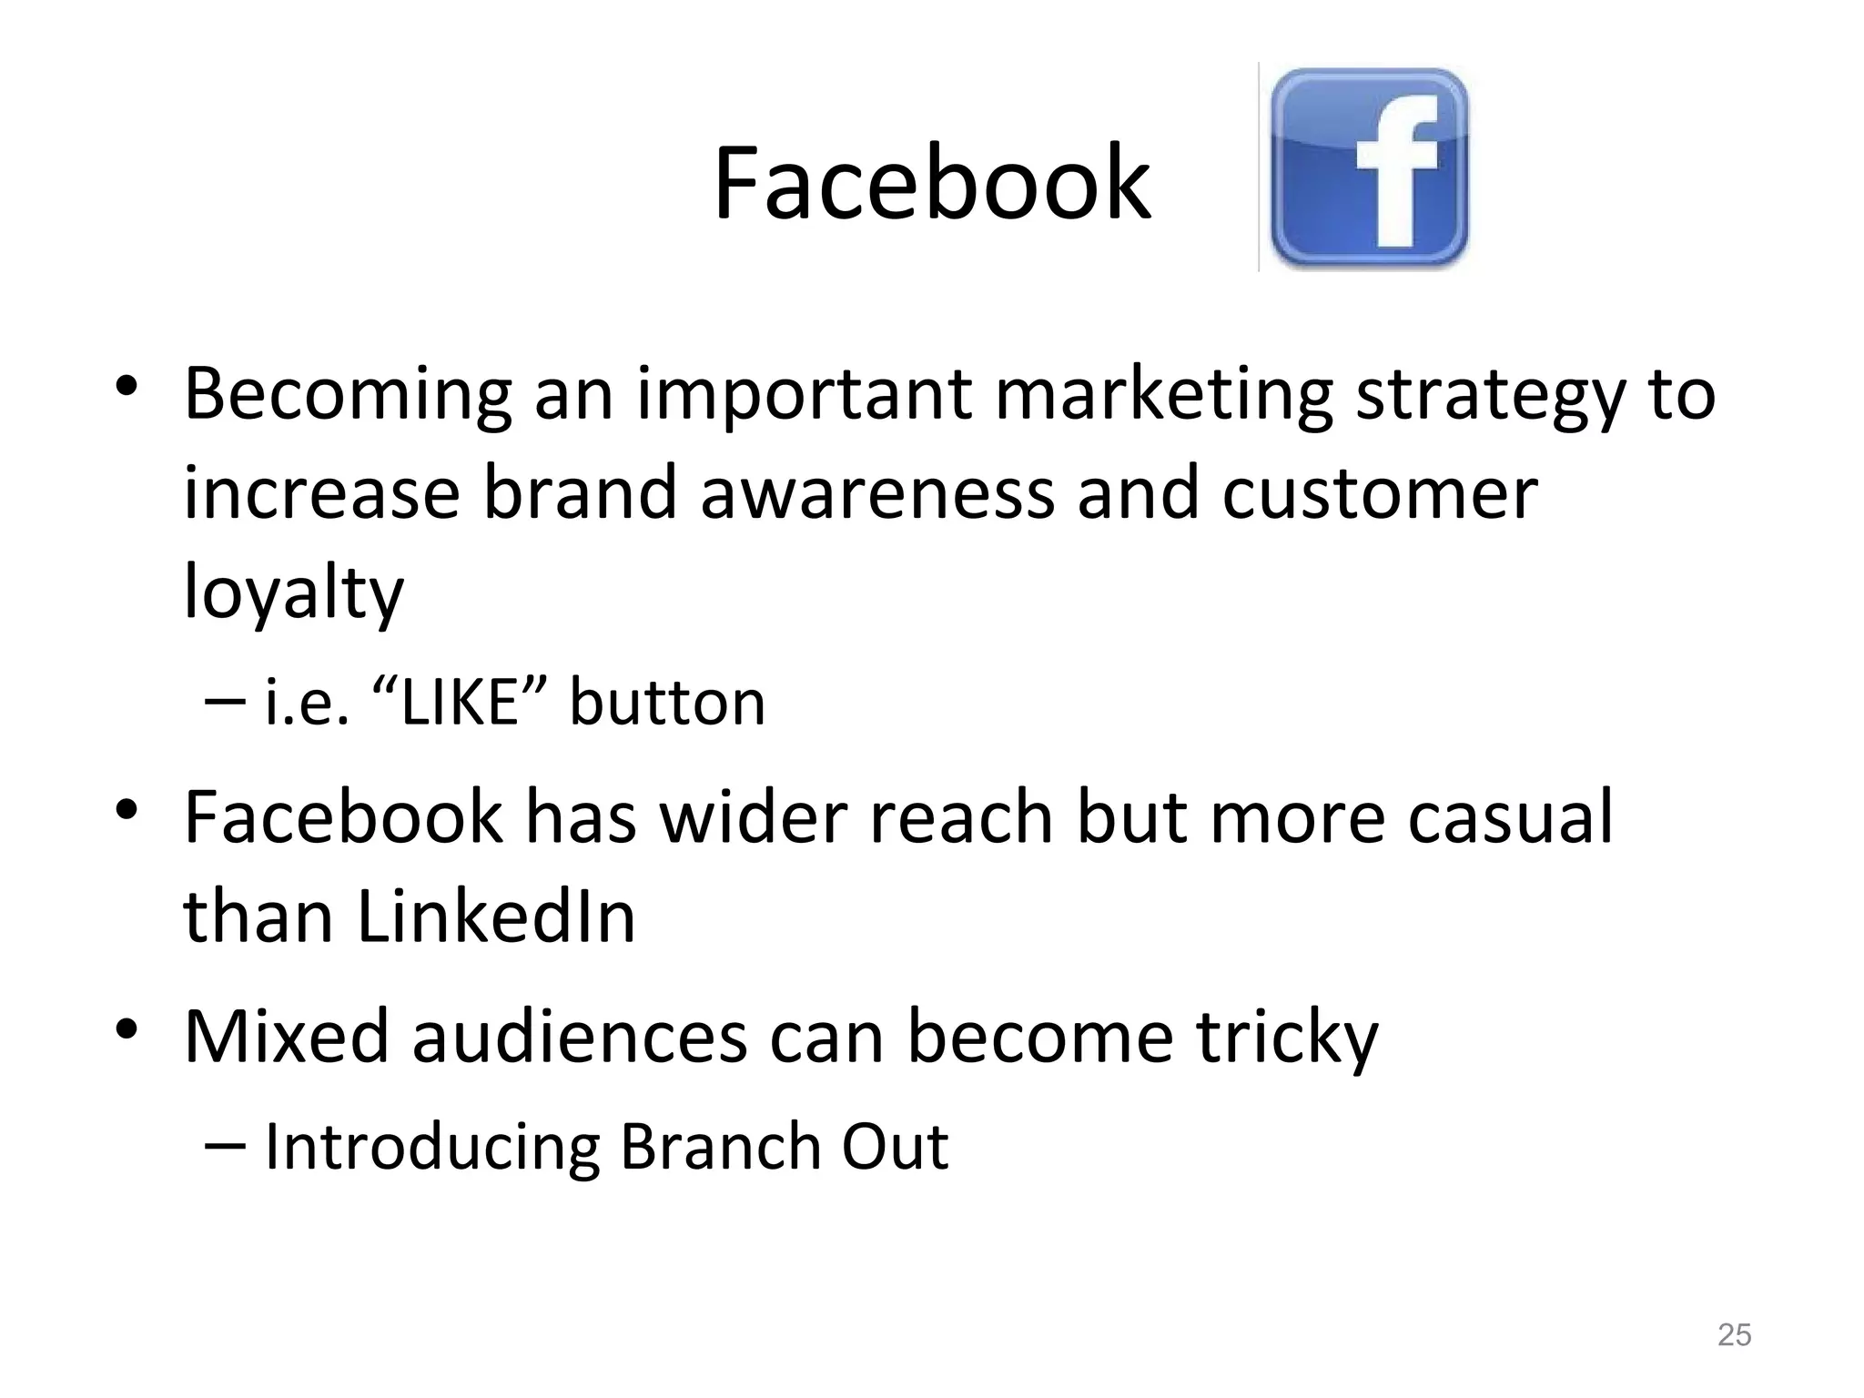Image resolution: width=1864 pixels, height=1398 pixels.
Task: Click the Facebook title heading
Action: coord(931,185)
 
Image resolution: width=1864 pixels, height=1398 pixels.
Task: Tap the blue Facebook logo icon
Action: coord(1369,168)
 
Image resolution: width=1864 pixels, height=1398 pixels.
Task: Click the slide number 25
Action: coord(1734,1334)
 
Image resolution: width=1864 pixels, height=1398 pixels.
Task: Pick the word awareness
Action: coord(876,492)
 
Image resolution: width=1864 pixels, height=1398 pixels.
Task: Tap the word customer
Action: coord(1379,492)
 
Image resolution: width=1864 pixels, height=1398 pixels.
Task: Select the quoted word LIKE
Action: coord(460,703)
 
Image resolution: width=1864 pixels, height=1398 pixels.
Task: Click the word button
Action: coord(667,703)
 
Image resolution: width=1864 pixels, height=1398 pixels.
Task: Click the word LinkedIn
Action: coord(496,915)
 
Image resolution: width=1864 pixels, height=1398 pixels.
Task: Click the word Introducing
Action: coord(431,1146)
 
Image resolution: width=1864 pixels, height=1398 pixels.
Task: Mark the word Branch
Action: coord(721,1146)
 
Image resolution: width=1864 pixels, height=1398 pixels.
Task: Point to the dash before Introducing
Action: coord(225,1145)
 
